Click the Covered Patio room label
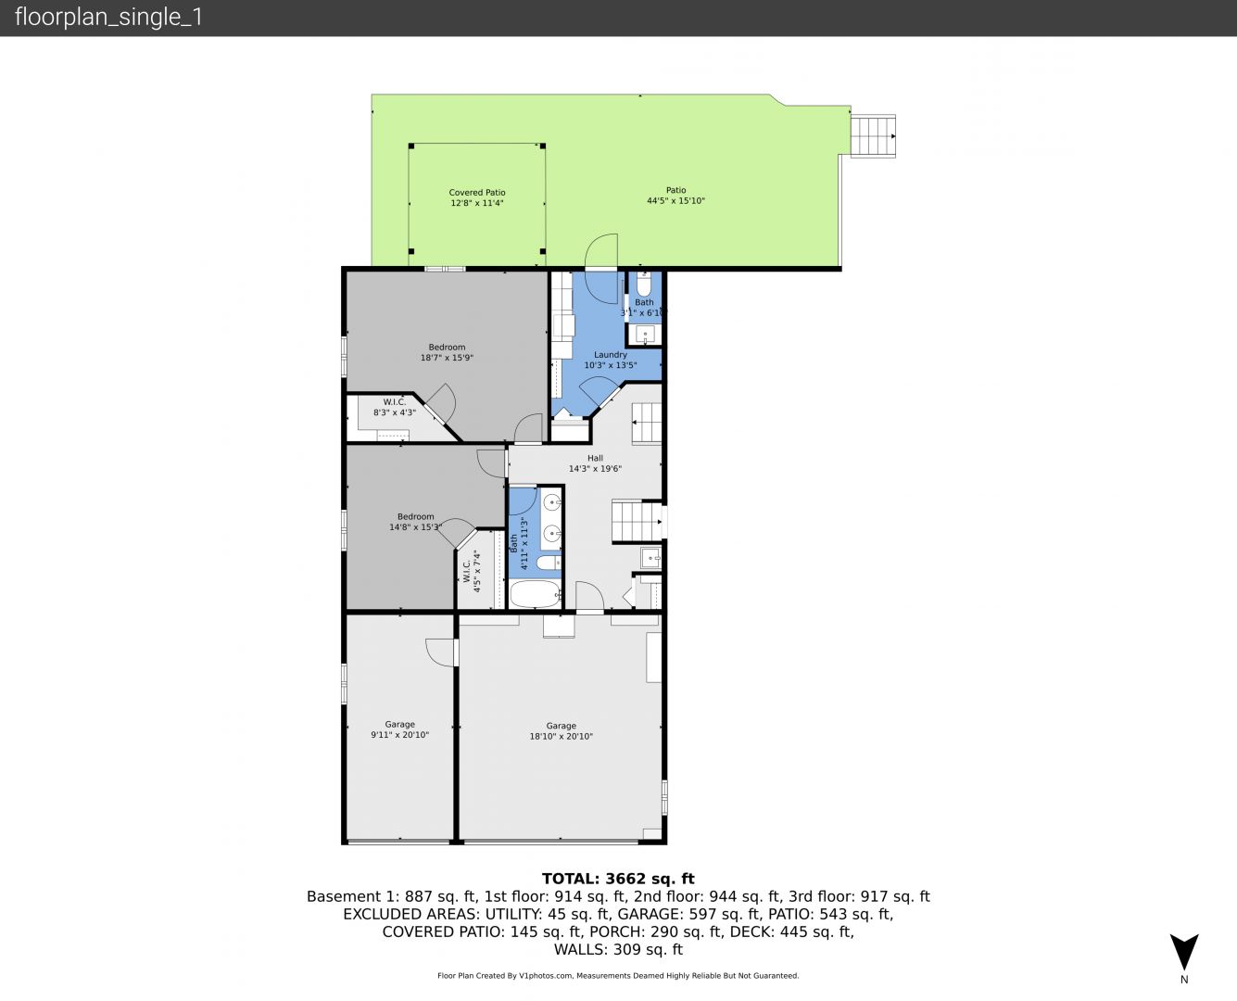click(477, 192)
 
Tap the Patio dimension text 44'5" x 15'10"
click(676, 201)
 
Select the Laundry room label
click(611, 354)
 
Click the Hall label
click(595, 458)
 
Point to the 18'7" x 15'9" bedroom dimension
click(447, 358)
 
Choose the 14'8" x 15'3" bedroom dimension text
click(415, 527)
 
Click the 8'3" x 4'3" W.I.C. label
click(395, 412)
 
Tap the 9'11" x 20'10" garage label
click(399, 735)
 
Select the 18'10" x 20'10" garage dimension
click(561, 736)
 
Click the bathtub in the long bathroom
click(535, 594)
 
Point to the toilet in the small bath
click(643, 285)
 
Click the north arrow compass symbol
click(1184, 952)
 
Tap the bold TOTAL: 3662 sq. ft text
click(618, 879)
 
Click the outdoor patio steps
click(873, 136)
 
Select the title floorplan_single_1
click(108, 18)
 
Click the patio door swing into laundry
click(601, 269)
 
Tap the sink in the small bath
click(645, 334)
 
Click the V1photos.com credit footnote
click(618, 976)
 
